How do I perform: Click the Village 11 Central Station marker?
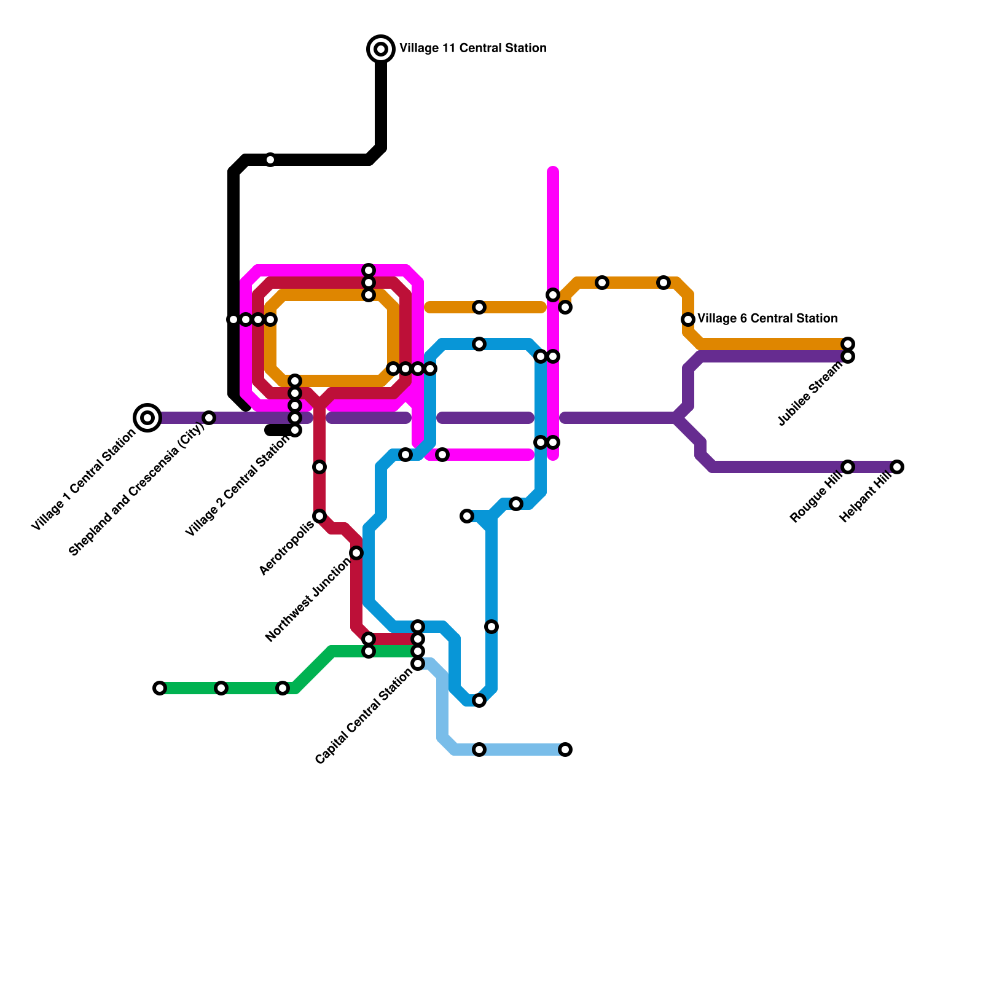381,49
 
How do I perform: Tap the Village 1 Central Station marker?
147,418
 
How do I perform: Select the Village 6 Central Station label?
767,318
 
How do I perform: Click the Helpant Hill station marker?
897,467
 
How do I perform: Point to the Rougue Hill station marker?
848,467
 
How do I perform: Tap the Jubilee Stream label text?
810,394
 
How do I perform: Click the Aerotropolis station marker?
319,516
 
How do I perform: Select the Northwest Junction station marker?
356,554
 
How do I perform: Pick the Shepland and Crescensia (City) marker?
209,418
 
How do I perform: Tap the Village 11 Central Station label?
472,48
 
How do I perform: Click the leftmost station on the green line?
160,688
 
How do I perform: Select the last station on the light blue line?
565,750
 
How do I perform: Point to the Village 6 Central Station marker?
688,319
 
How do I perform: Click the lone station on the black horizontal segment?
270,160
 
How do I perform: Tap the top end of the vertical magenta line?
553,171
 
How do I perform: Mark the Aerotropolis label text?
287,548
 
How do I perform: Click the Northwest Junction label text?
309,600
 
